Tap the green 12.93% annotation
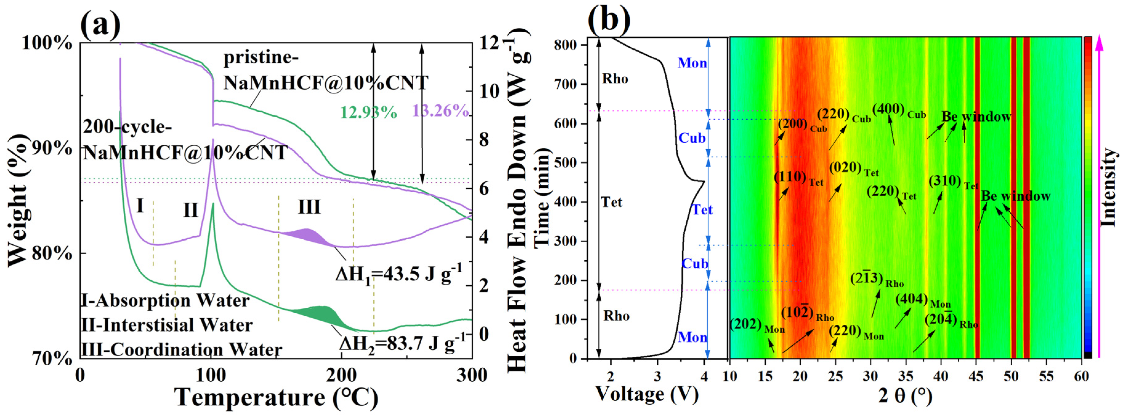pos(368,112)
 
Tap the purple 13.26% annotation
pos(440,111)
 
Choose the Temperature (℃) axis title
pos(276,397)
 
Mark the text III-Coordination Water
pos(181,350)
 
